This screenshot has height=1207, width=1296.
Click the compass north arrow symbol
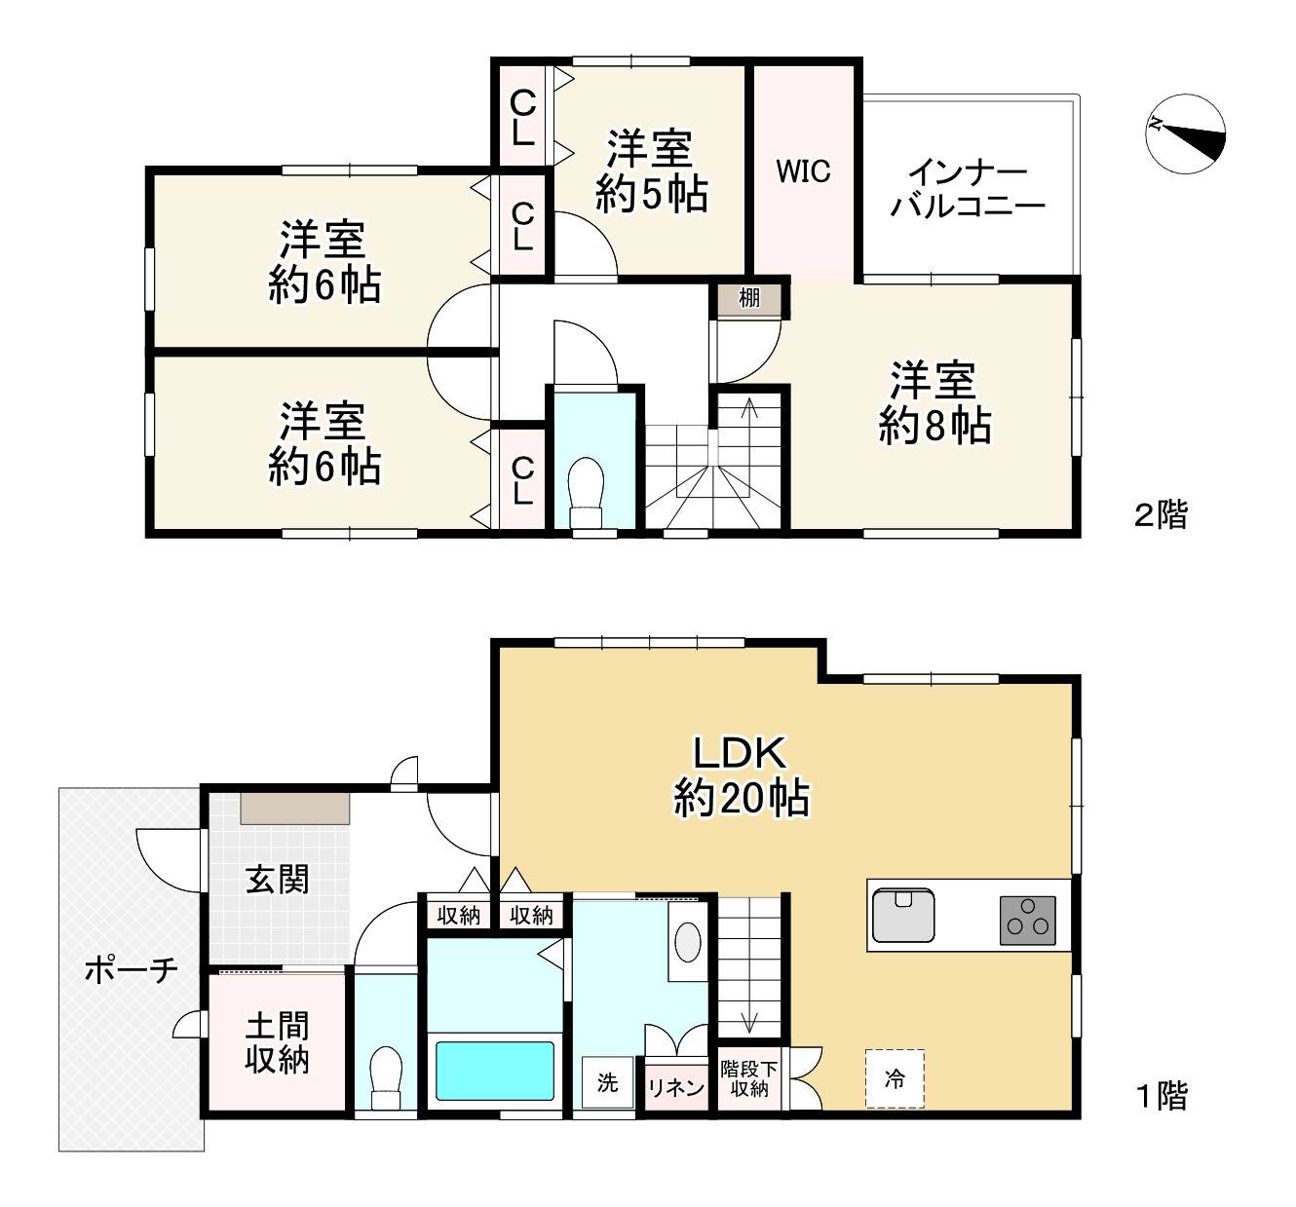coord(1186,133)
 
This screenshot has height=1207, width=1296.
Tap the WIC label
coord(803,171)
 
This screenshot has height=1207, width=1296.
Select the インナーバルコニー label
coord(969,190)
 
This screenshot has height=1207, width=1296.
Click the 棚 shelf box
coord(749,299)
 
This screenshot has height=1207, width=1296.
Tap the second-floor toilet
coord(586,492)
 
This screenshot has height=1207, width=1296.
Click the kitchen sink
coord(903,914)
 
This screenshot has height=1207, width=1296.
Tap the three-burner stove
coord(1027,920)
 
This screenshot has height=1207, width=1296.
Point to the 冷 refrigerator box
coord(895,1078)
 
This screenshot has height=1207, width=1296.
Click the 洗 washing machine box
coord(607,1082)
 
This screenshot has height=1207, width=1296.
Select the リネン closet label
coord(676,1087)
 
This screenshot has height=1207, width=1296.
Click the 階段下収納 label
coord(749,1078)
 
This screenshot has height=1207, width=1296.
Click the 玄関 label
coord(277,880)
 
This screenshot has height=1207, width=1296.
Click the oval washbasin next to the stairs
coord(688,942)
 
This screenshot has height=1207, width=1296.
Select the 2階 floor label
coord(1162,514)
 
